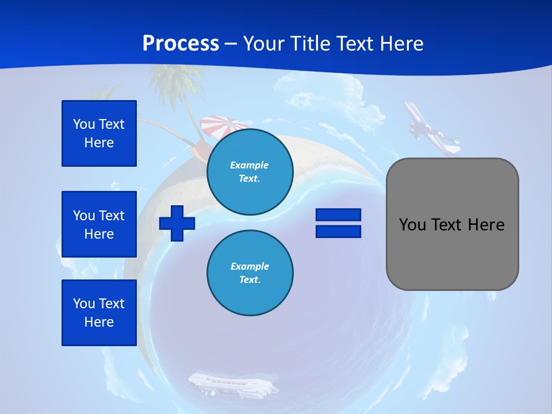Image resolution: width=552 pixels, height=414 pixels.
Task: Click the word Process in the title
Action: pos(181,44)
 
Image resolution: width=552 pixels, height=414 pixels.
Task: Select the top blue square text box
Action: pos(99,133)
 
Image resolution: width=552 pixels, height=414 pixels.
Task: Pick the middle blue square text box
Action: pos(99,224)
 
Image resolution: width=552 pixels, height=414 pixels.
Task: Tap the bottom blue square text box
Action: pos(99,313)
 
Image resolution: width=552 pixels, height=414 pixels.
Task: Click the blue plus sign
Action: pos(177,223)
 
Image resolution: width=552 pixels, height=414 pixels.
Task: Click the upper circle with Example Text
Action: pos(250,172)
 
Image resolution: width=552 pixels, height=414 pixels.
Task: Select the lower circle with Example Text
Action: pos(250,273)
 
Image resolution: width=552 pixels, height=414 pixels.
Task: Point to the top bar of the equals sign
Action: pos(338,214)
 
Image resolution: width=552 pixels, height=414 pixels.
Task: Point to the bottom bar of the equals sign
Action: pos(338,231)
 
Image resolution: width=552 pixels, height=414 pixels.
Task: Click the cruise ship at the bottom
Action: pos(233,384)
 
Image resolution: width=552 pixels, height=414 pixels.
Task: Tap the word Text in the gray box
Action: pos(447,225)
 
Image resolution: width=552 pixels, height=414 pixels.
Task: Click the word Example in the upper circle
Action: pos(250,165)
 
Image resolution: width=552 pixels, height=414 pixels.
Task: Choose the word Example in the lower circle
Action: pos(250,266)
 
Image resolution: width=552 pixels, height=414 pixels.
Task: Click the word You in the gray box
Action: pos(412,225)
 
